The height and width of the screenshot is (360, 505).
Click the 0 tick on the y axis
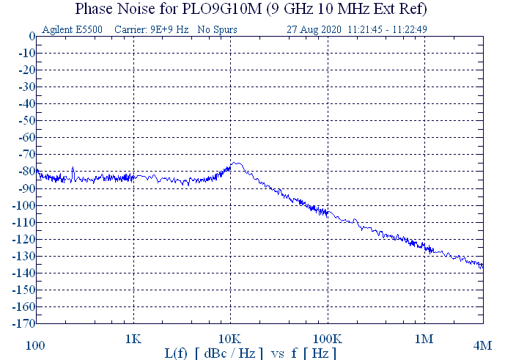[32, 37]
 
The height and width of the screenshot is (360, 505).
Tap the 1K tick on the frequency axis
[133, 339]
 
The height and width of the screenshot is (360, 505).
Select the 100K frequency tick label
[327, 339]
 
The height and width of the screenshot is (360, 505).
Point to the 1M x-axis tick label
[424, 339]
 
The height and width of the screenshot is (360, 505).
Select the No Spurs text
[218, 29]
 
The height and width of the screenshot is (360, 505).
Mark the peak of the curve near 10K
[237, 163]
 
